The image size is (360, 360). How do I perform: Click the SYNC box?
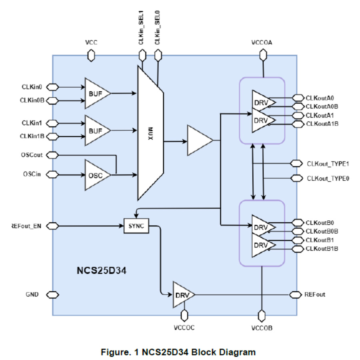click(x=136, y=226)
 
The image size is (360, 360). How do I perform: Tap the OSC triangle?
click(x=95, y=175)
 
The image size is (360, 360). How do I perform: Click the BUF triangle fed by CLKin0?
click(x=95, y=93)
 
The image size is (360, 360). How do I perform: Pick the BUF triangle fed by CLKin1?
click(x=95, y=130)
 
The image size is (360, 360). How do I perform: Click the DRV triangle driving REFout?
click(x=182, y=295)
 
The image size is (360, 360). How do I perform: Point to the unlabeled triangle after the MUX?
click(x=198, y=140)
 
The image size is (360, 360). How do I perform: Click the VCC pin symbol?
click(x=91, y=54)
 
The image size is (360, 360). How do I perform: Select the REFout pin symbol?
click(x=296, y=295)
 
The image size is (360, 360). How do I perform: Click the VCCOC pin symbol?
click(x=184, y=316)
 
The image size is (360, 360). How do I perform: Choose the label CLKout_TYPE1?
click(x=328, y=163)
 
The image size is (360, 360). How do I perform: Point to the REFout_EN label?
click(x=27, y=226)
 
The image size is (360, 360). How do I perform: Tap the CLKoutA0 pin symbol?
click(x=298, y=98)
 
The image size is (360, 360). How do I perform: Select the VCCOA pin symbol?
click(x=262, y=54)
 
